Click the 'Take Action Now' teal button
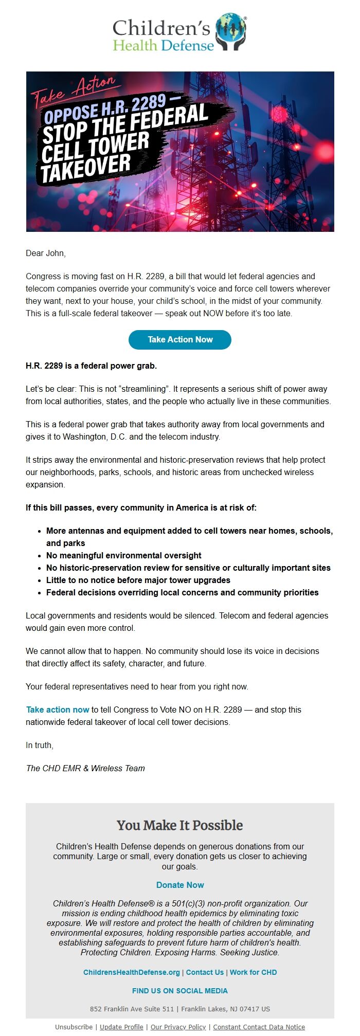[x=180, y=339]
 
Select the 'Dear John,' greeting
[x=46, y=253]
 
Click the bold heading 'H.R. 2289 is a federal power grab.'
[x=91, y=366]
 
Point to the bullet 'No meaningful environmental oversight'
[x=123, y=555]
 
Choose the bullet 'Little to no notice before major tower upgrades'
[x=138, y=580]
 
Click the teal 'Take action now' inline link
[x=58, y=710]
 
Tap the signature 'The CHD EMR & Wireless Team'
[x=85, y=768]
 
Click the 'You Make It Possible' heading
[x=180, y=825]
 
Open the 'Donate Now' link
[x=180, y=885]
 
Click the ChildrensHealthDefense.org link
[x=132, y=972]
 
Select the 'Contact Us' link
[x=205, y=972]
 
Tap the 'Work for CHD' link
[x=253, y=972]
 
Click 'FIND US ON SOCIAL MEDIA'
[x=180, y=991]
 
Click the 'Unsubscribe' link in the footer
[x=74, y=1027]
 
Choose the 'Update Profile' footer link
[x=121, y=1027]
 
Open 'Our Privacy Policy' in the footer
[x=178, y=1027]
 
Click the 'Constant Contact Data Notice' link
[x=259, y=1027]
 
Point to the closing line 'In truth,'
[x=40, y=745]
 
